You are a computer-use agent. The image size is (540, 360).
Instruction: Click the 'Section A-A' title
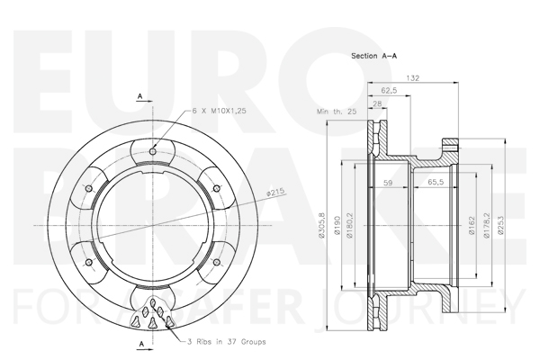tap(373, 56)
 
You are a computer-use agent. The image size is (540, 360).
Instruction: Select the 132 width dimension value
tap(412, 78)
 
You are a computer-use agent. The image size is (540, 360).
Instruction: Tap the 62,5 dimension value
tap(389, 91)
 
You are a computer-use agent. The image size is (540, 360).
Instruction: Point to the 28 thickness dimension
tap(377, 103)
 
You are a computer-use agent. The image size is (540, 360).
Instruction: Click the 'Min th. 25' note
tap(337, 112)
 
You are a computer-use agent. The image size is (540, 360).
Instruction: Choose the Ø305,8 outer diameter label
tap(322, 225)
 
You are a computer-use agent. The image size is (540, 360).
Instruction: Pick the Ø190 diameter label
tap(337, 226)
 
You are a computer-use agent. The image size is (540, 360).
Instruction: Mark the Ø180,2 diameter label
tap(350, 225)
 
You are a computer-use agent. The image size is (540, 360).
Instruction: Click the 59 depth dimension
tap(388, 183)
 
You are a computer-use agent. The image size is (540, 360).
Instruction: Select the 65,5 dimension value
tap(436, 182)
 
